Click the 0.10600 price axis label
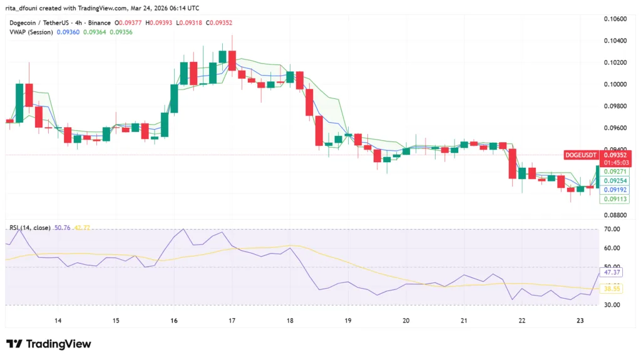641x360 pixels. click(x=616, y=19)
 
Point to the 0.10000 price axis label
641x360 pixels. click(x=616, y=84)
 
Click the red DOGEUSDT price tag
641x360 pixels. click(x=580, y=155)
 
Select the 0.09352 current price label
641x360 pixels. click(x=615, y=155)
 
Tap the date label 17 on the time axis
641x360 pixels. click(x=232, y=321)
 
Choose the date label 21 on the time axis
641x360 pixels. click(x=464, y=321)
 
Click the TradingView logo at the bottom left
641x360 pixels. click(x=49, y=344)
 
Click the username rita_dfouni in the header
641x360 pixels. click(x=24, y=8)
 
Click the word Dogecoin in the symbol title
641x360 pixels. click(x=24, y=23)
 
